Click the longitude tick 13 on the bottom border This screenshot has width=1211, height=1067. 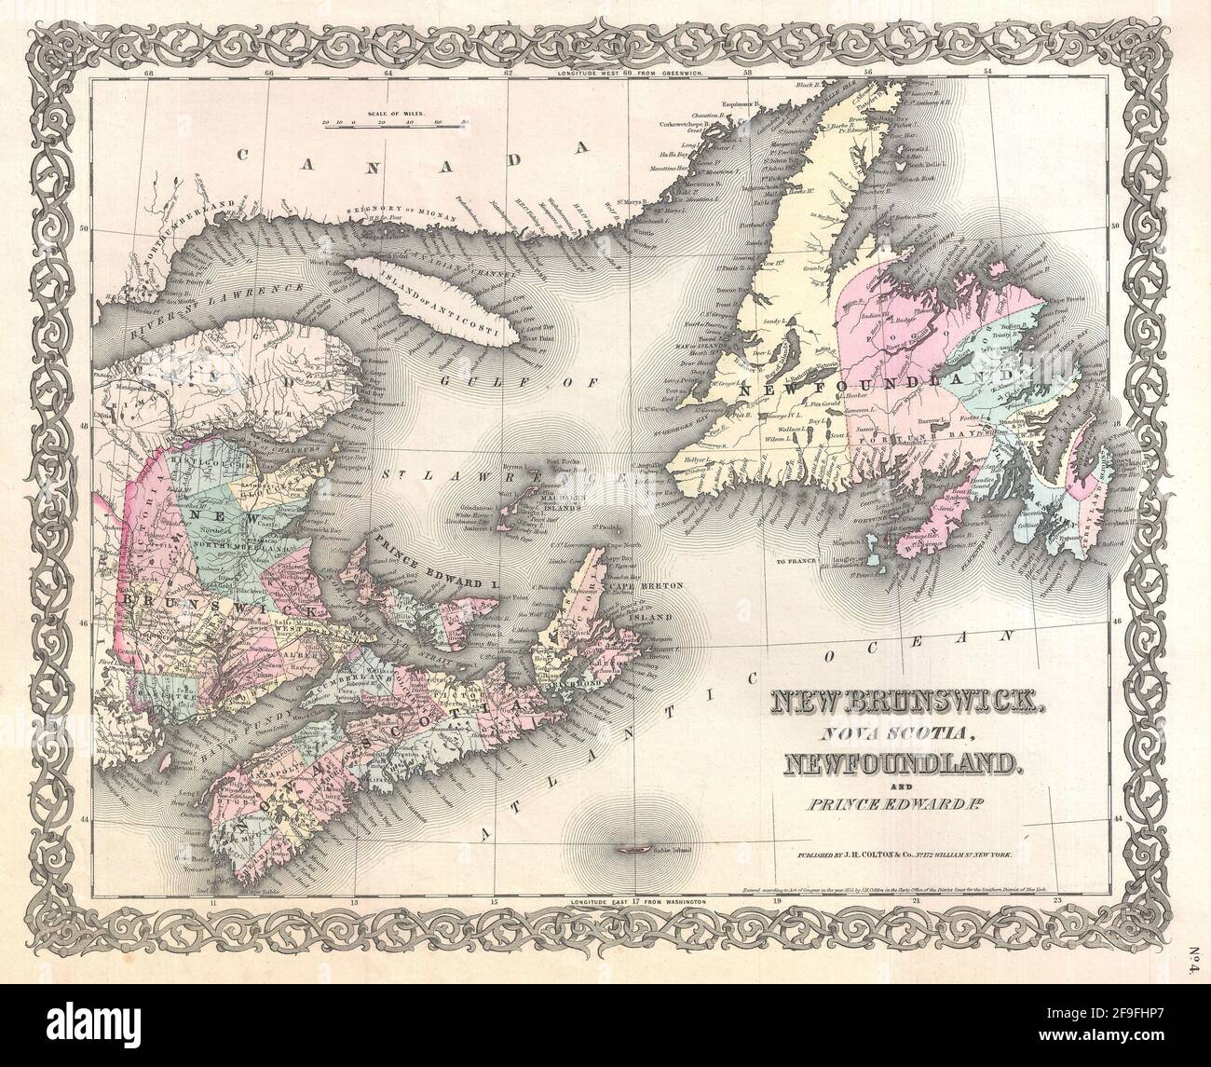[354, 902]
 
